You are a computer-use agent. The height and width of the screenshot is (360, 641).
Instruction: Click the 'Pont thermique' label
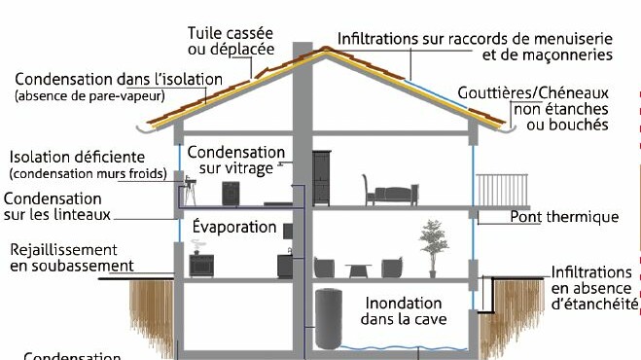pos(564,217)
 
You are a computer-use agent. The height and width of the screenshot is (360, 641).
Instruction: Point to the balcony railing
pos(501,189)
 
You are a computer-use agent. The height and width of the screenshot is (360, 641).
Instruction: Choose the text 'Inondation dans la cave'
pos(402,311)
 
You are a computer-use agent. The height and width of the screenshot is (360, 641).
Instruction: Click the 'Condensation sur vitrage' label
pos(236,161)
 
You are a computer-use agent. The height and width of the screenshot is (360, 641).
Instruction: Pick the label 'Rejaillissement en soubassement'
pos(70,258)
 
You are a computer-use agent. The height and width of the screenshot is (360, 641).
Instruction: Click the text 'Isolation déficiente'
pos(77,157)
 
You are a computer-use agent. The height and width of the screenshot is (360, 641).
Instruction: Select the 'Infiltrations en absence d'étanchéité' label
pos(591,289)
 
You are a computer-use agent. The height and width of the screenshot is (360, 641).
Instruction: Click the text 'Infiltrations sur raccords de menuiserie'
pos(475,38)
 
